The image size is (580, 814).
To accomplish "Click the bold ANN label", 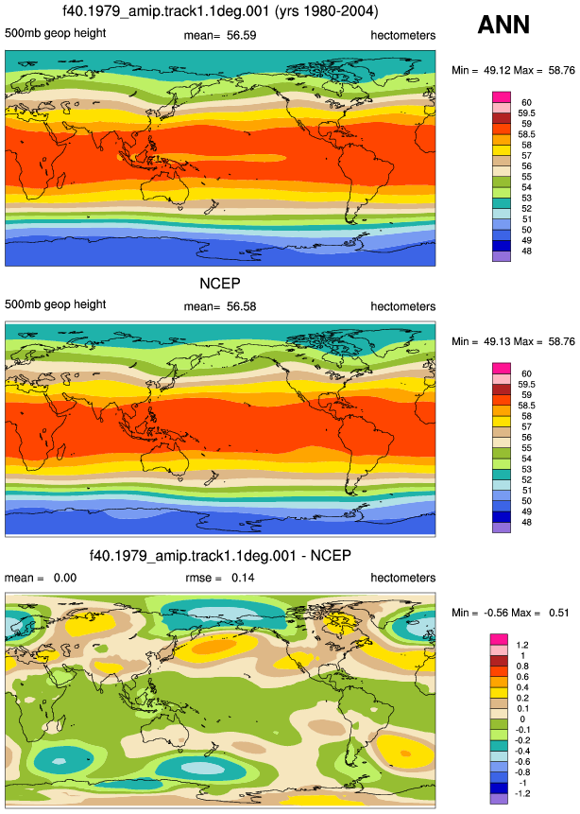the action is tap(503, 25).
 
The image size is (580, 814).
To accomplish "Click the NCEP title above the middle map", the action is tap(220, 284).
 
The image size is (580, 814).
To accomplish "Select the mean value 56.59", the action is tap(241, 35).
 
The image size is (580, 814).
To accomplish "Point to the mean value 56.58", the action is tap(241, 306).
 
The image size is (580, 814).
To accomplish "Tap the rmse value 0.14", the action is tap(243, 578).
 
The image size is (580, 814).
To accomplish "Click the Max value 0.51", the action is tap(558, 613).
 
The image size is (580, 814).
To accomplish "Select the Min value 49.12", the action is tap(498, 70).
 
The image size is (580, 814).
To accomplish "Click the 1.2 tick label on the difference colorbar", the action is tap(521, 645).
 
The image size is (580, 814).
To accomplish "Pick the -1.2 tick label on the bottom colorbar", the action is tap(520, 793).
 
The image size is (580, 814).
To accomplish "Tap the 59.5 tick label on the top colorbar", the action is tap(526, 113).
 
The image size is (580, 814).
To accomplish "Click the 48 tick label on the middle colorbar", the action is tap(526, 522).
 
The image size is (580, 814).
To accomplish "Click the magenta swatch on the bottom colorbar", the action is tap(499, 639).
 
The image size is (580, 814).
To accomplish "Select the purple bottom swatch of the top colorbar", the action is tap(502, 256).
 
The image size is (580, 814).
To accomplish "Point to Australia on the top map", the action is tap(165, 189).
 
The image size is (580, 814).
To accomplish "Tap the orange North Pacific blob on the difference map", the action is tap(224, 647).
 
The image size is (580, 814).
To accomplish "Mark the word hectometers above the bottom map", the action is tap(403, 578).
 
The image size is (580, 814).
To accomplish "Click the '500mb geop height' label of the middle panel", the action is tap(56, 304).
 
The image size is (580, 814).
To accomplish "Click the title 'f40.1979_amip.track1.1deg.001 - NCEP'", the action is tap(220, 556).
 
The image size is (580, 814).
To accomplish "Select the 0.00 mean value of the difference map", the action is tap(65, 578).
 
